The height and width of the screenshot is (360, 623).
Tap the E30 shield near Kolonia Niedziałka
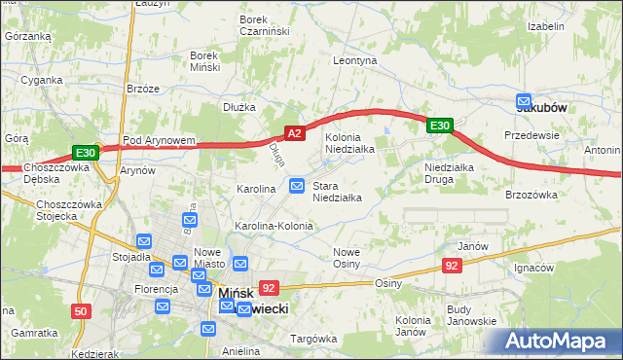[440, 125]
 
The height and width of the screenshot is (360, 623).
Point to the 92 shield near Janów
[452, 265]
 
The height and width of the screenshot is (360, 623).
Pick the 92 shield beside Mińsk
[270, 287]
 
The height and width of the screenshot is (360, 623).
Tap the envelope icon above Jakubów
[524, 100]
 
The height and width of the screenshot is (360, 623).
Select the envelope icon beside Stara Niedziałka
[298, 186]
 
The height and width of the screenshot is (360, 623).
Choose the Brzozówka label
[531, 195]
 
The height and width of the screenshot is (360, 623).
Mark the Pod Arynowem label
[159, 140]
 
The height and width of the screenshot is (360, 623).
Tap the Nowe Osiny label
[347, 258]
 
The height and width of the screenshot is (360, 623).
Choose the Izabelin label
[546, 26]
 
